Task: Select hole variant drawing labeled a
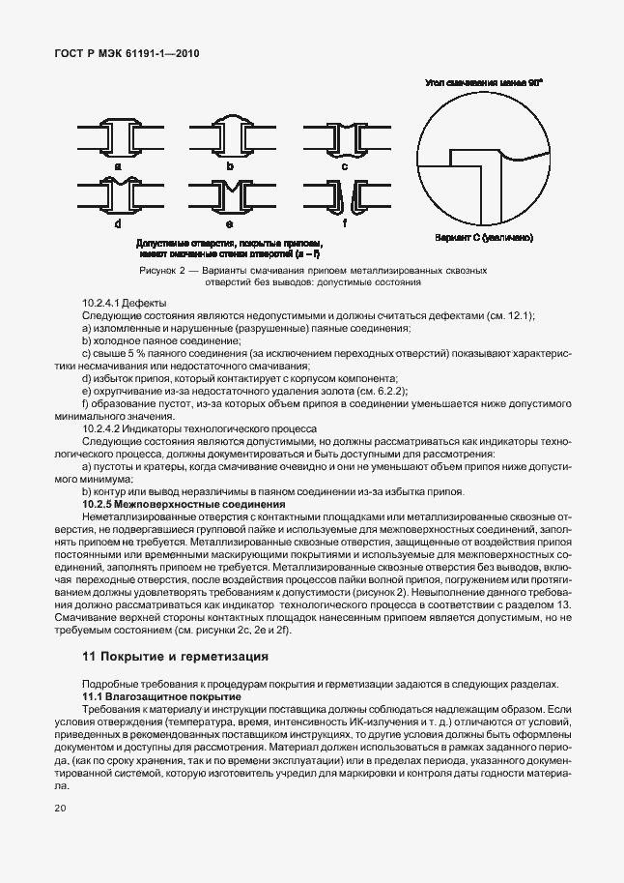[x=117, y=138]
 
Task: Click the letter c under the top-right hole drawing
[x=344, y=165]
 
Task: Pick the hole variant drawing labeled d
[x=117, y=197]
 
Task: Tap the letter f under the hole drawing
[x=344, y=223]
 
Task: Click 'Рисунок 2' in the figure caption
[x=162, y=271]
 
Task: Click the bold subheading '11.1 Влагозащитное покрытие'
[x=160, y=696]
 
